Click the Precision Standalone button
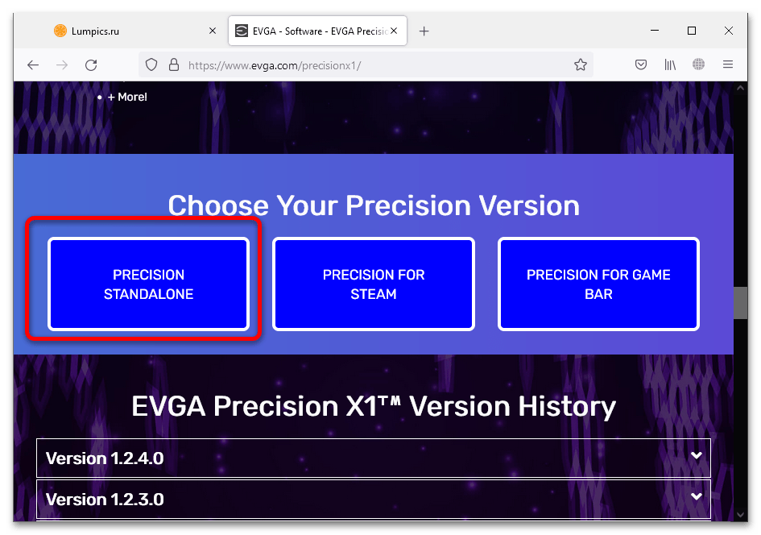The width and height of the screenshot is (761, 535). pyautogui.click(x=148, y=284)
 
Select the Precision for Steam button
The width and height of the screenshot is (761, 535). pyautogui.click(x=373, y=284)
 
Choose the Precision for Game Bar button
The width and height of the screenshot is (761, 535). pyautogui.click(x=598, y=284)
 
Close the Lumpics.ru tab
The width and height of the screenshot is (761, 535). pyautogui.click(x=213, y=31)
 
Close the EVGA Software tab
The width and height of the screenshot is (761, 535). pyautogui.click(x=394, y=31)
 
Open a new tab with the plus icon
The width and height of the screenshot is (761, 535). pyautogui.click(x=424, y=31)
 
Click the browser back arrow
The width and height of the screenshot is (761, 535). pyautogui.click(x=33, y=64)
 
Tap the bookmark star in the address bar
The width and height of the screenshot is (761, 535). pyautogui.click(x=581, y=64)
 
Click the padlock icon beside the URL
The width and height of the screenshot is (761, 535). pyautogui.click(x=174, y=64)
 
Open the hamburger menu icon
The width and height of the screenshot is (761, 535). pyautogui.click(x=727, y=64)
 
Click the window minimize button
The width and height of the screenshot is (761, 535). pyautogui.click(x=655, y=30)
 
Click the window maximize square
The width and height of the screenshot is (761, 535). pyautogui.click(x=692, y=31)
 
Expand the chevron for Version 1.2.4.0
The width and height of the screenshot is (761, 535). pyautogui.click(x=697, y=455)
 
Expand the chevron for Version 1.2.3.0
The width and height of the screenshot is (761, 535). pyautogui.click(x=697, y=496)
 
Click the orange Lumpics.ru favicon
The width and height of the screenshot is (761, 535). pyautogui.click(x=60, y=31)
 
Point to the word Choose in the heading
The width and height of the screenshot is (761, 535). pyautogui.click(x=218, y=205)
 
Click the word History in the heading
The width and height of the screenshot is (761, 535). pyautogui.click(x=567, y=406)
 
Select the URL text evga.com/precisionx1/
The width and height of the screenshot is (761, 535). pyautogui.click(x=306, y=65)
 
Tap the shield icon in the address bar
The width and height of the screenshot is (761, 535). pyautogui.click(x=151, y=64)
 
